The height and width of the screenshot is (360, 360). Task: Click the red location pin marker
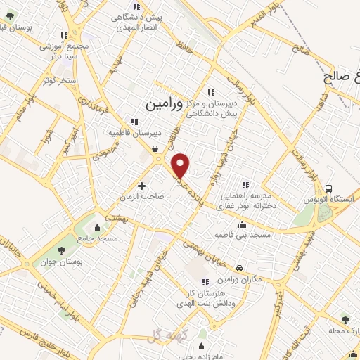coord(181,166)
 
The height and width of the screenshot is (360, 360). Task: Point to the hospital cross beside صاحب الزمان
coord(142,186)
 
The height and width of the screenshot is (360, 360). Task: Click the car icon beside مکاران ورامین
coord(240,268)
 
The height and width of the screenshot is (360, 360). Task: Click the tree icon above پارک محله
coord(345,319)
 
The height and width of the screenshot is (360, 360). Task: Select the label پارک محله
coord(343,330)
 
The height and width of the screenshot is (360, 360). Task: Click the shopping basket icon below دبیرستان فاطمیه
coord(155,148)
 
